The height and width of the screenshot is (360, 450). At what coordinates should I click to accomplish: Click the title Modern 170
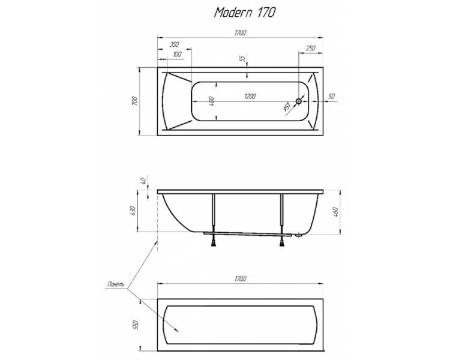coord(245,13)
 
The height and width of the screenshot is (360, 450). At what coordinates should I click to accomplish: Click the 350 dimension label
coord(174,44)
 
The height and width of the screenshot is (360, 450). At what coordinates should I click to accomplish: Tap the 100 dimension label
coord(178,54)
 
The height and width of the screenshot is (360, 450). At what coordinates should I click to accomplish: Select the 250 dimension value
coord(311,48)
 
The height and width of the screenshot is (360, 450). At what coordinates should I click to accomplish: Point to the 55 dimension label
coord(242,59)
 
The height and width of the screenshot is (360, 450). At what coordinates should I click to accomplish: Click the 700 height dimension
coord(134,101)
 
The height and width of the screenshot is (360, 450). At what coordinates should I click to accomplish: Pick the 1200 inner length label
coord(250,97)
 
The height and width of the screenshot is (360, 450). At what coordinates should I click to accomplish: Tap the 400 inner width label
coord(212,101)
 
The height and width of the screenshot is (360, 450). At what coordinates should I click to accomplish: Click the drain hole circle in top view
coord(299,101)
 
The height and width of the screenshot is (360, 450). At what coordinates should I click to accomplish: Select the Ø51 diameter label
coord(287,107)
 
